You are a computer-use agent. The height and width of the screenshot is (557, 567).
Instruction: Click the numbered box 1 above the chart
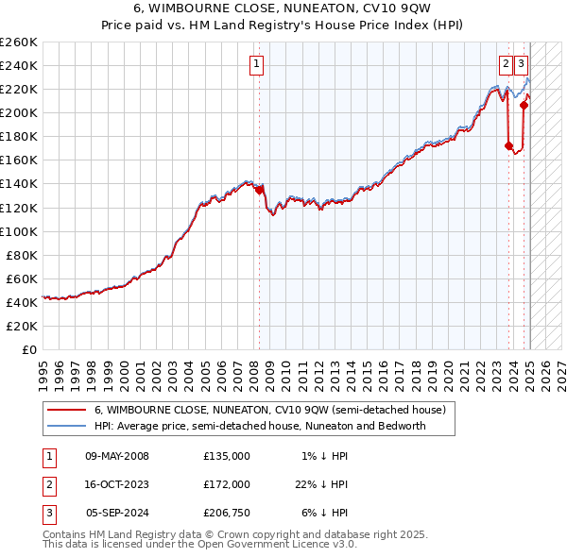pyautogui.click(x=256, y=64)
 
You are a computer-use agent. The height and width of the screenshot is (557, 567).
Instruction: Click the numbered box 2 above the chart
pyautogui.click(x=506, y=64)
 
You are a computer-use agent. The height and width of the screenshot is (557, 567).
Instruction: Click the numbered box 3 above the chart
pyautogui.click(x=522, y=64)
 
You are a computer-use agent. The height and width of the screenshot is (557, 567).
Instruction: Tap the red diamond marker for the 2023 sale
pyautogui.click(x=508, y=146)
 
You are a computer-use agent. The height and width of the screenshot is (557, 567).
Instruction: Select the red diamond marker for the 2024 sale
pyautogui.click(x=524, y=105)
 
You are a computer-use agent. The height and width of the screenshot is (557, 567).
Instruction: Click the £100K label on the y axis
pyautogui.click(x=19, y=231)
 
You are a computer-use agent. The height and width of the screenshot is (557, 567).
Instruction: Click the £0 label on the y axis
pyautogui.click(x=28, y=349)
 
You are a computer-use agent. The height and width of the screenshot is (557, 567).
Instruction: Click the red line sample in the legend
pyautogui.click(x=66, y=411)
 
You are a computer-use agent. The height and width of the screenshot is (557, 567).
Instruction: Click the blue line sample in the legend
pyautogui.click(x=66, y=426)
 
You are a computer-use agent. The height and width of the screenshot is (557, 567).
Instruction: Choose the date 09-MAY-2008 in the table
pyautogui.click(x=117, y=456)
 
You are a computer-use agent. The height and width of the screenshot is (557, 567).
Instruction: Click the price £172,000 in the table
pyautogui.click(x=227, y=484)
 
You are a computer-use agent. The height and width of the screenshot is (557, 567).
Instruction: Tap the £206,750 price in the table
pyautogui.click(x=227, y=513)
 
